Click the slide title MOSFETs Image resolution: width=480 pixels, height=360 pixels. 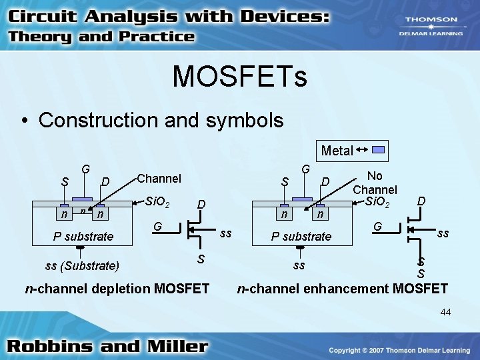tap(240, 75)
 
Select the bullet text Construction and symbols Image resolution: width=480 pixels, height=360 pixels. tap(161, 120)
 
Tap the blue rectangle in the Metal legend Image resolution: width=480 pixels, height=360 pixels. tap(378, 150)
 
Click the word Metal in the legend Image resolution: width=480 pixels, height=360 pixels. tap(337, 151)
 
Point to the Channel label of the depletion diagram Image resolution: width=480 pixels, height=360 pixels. tap(159, 179)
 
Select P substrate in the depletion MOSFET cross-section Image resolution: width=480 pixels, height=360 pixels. tap(84, 236)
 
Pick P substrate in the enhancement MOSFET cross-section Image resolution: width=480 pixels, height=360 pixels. tap(301, 236)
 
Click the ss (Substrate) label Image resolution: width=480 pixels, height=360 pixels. tap(82, 267)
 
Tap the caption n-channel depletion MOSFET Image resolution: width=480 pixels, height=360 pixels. tap(117, 289)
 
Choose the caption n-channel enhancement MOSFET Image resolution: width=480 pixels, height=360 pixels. tap(343, 289)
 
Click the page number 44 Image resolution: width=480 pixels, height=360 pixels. tap(445, 312)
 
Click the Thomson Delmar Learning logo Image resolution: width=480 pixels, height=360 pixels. tap(431, 25)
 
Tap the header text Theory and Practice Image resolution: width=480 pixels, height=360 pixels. tap(101, 37)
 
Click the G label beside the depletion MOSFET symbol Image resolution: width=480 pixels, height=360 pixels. tap(158, 228)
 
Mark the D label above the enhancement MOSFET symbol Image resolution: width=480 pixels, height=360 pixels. tap(421, 200)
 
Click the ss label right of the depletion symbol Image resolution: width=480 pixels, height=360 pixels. tap(226, 233)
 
